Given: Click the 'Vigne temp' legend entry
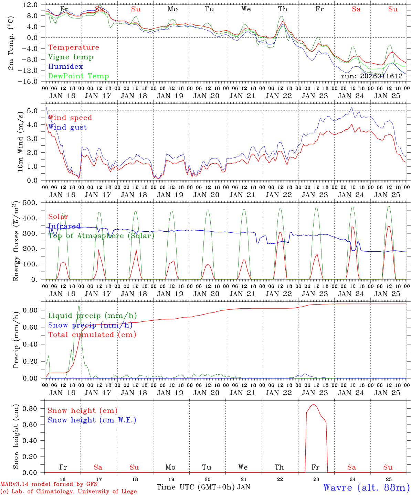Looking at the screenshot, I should [x=71, y=57].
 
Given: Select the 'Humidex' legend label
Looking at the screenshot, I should [x=65, y=67].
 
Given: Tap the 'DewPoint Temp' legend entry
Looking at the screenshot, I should [x=78, y=76].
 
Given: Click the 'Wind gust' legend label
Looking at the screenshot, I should [x=67, y=127].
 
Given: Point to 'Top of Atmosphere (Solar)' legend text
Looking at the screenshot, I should [x=101, y=236].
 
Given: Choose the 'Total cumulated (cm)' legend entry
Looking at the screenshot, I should [x=92, y=335].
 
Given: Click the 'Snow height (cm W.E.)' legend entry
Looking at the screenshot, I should [x=92, y=420].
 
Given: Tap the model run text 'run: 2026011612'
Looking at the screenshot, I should [x=372, y=76].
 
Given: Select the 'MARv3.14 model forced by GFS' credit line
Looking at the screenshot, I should [x=49, y=484].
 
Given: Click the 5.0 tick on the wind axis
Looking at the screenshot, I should [x=32, y=111].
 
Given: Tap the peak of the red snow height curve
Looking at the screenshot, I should [x=314, y=405].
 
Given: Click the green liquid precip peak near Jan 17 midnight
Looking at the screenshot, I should [x=79, y=305].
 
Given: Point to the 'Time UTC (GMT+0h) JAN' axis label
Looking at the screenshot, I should [x=203, y=487].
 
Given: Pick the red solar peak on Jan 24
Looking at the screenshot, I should [x=352, y=227].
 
